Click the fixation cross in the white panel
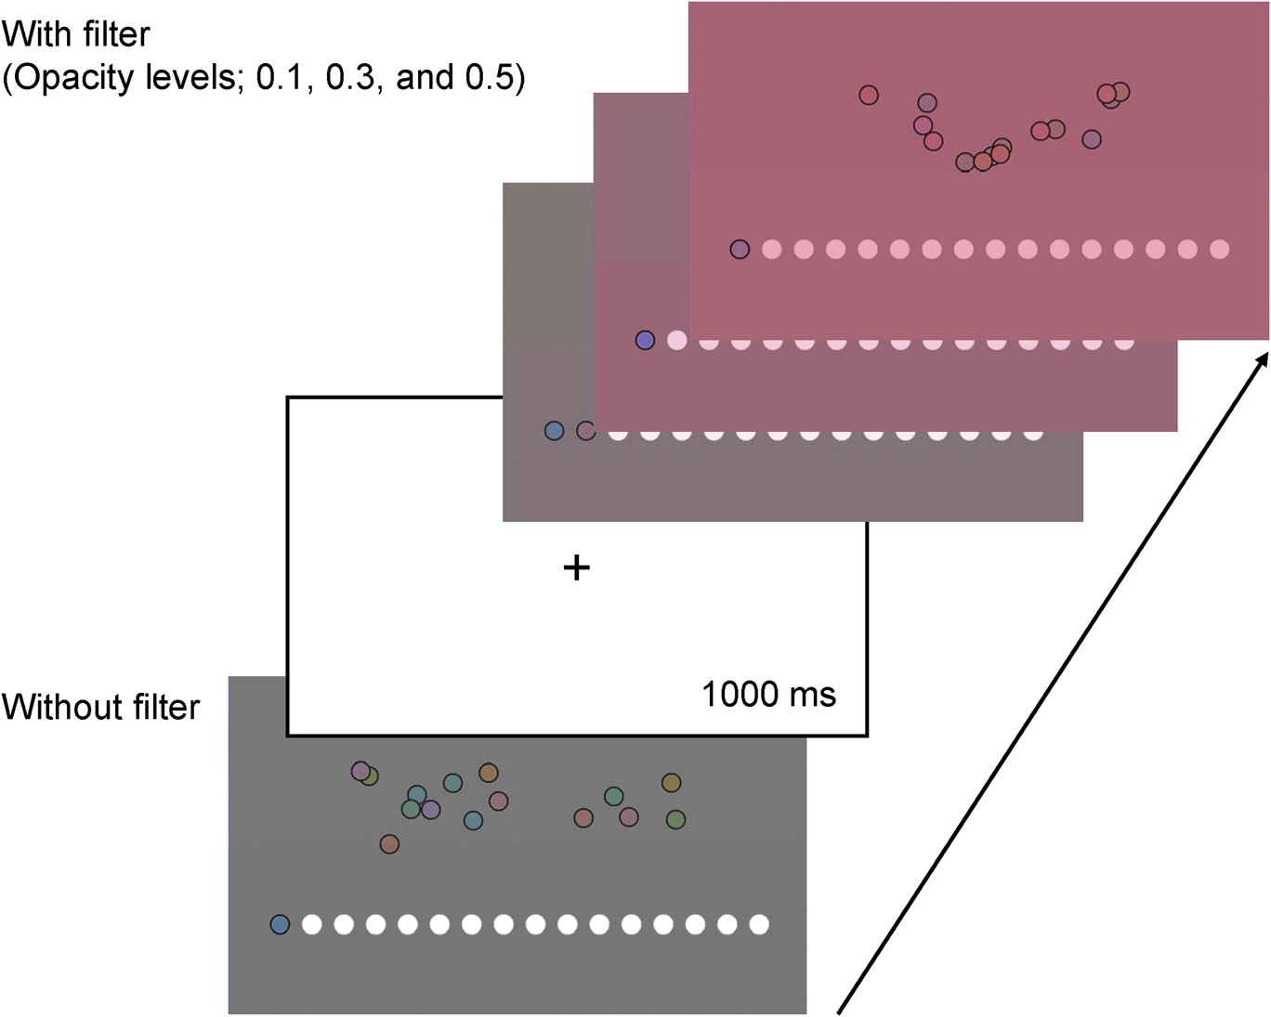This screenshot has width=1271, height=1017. pyautogui.click(x=576, y=568)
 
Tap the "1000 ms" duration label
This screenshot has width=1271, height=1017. pyautogui.click(x=769, y=694)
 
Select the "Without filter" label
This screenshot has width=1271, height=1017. pyautogui.click(x=101, y=707)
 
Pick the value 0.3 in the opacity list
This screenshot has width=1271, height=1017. pyautogui.click(x=351, y=77)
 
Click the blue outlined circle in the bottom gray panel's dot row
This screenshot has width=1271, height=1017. pyautogui.click(x=280, y=924)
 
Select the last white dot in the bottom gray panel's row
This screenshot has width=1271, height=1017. pyautogui.click(x=759, y=924)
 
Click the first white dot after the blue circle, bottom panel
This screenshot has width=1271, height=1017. pyautogui.click(x=312, y=924)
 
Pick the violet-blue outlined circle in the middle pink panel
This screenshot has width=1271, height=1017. pyautogui.click(x=645, y=340)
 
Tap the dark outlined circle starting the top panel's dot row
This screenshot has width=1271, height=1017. pyautogui.click(x=740, y=249)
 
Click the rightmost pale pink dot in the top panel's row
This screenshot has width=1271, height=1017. pyautogui.click(x=1220, y=249)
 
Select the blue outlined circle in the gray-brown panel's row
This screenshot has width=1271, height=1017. pyautogui.click(x=554, y=431)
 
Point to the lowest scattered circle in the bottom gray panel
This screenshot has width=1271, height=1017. pyautogui.click(x=389, y=844)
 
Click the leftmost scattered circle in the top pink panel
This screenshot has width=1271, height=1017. pyautogui.click(x=868, y=95)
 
